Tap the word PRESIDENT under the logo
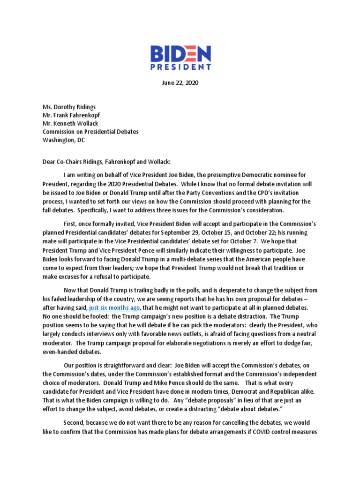[x=180, y=67]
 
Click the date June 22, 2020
[x=180, y=82]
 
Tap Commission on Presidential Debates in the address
[x=90, y=132]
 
